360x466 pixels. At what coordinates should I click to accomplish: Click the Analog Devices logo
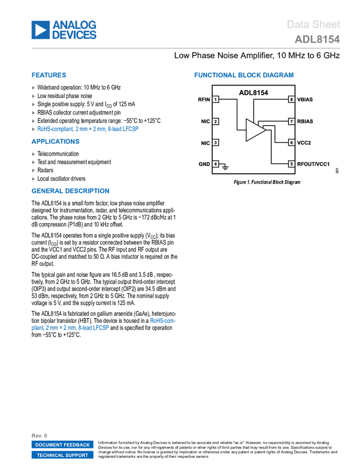click(x=64, y=30)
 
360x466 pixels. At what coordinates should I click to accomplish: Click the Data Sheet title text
click(x=313, y=24)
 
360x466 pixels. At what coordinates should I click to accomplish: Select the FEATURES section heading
click(x=49, y=75)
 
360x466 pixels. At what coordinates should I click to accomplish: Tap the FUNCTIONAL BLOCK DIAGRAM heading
click(x=244, y=75)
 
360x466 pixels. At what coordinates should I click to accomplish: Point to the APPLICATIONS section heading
click(x=55, y=141)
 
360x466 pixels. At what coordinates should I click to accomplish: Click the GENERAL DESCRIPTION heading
click(x=70, y=191)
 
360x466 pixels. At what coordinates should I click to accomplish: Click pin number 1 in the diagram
click(x=215, y=99)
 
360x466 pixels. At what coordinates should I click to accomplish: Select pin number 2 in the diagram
click(x=215, y=121)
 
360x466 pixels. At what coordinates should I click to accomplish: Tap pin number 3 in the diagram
click(x=215, y=143)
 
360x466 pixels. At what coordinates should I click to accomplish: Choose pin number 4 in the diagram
click(x=215, y=164)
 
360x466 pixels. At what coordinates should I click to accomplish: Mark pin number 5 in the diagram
click(x=292, y=164)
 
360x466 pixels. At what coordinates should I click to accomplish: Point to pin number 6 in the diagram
click(x=292, y=143)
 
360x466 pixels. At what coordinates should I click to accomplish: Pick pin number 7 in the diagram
click(x=292, y=121)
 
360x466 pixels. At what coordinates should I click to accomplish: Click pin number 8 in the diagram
click(x=292, y=99)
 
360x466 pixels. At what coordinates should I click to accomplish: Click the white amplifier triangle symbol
click(x=254, y=130)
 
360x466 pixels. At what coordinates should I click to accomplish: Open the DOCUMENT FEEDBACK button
click(x=62, y=445)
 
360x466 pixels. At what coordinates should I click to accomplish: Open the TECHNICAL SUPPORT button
click(x=62, y=455)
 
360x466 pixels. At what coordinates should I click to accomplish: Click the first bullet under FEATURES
click(x=34, y=88)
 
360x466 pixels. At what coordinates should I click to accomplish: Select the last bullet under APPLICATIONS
click(x=34, y=179)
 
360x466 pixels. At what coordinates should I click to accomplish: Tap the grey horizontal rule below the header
click(x=186, y=48)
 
